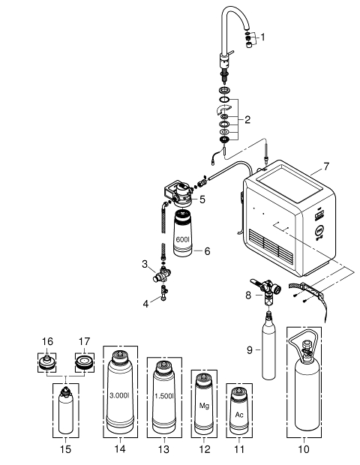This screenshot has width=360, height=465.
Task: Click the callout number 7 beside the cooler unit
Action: pos(326,166)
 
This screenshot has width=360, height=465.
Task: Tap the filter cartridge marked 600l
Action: pos(182,233)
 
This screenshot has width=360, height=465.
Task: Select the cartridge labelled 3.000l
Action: pos(120,392)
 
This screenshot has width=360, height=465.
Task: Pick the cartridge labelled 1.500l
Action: pos(164,397)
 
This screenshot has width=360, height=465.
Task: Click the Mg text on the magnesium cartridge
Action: pos(204,406)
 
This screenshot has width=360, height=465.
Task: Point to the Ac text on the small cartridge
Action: pos(239,414)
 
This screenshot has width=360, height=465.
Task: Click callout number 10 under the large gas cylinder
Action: pos(303,449)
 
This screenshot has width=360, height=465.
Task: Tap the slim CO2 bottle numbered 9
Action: pos(268,346)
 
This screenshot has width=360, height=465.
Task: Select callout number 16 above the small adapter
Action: pos(47,342)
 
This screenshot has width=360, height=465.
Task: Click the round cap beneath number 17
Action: pos(84,362)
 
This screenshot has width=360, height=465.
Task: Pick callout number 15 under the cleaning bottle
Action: pos(65,449)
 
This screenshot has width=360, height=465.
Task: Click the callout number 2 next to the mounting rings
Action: pos(247,119)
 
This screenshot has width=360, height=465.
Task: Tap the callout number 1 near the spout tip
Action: pos(262,37)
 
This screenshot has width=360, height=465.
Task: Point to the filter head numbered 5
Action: pos(181,194)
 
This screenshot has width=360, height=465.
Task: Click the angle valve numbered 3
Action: pos(161,275)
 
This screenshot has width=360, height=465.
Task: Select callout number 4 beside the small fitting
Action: pos(145,304)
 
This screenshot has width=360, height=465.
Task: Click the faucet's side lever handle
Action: pos(230,52)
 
